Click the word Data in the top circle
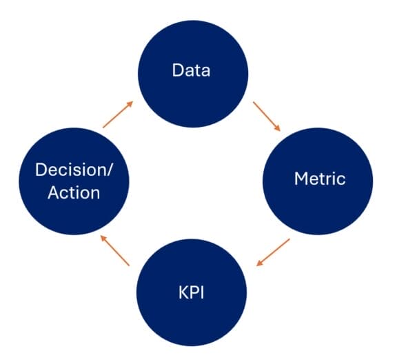[x=191, y=70]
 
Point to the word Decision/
[x=74, y=170]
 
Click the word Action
[x=74, y=192]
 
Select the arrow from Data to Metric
[x=267, y=116]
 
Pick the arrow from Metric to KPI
[x=273, y=252]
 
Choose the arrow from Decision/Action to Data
[x=116, y=115]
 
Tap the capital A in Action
[x=53, y=192]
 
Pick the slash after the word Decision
[x=110, y=170]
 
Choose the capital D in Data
[x=178, y=70]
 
